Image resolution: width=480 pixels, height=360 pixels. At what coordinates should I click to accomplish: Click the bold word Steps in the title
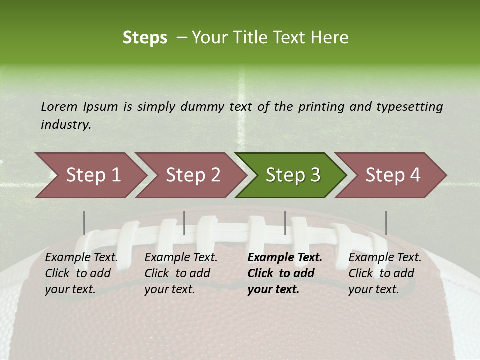coord(145,38)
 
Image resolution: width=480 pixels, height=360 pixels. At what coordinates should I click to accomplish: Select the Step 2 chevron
coord(192,175)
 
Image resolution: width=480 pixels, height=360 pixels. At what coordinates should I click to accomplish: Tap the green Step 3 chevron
coord(292,175)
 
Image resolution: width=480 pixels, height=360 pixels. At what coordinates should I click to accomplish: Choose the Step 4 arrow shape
coord(392,175)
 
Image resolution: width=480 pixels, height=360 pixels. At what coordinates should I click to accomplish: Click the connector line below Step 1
coord(84,223)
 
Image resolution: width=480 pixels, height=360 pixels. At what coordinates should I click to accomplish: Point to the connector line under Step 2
coord(184,223)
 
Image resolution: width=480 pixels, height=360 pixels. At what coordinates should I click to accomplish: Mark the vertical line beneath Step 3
coord(285,223)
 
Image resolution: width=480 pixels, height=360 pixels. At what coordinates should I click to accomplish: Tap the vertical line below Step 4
coord(386,223)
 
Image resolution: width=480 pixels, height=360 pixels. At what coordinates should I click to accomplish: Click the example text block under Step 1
coord(81,273)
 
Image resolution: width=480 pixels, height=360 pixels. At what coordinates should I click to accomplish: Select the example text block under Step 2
coord(181,273)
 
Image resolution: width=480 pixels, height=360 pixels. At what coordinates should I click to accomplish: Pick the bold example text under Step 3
coord(284,273)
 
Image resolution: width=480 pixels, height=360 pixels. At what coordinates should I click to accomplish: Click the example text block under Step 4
coord(385,273)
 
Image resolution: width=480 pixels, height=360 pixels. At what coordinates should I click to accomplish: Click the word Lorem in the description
coord(59,106)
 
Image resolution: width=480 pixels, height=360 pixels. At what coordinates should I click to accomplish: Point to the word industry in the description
coord(66,125)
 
